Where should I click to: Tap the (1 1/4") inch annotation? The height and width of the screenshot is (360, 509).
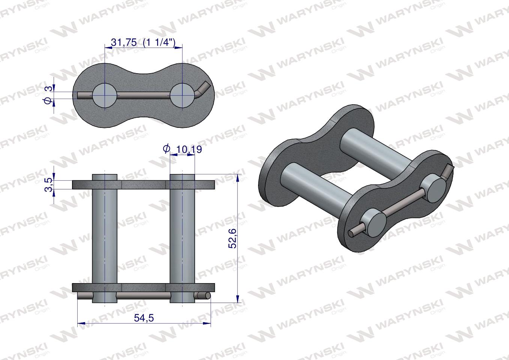coord(159,42)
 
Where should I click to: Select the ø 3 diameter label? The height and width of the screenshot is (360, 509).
coord(48,94)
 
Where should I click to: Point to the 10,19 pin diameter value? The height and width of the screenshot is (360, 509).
coord(189,149)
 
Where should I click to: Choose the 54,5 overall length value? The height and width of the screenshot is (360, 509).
coord(144,318)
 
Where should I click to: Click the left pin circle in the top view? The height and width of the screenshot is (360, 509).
coord(105,95)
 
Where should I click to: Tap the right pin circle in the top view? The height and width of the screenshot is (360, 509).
coord(182,95)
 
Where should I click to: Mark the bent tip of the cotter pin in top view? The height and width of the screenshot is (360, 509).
coord(204,87)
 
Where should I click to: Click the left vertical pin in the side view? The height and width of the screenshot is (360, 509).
coord(105,236)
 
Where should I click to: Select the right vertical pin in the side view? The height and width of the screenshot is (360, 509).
coord(182,236)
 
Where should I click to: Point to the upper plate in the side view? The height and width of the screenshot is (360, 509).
coord(143,184)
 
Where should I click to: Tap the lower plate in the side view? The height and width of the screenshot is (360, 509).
coord(143,288)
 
